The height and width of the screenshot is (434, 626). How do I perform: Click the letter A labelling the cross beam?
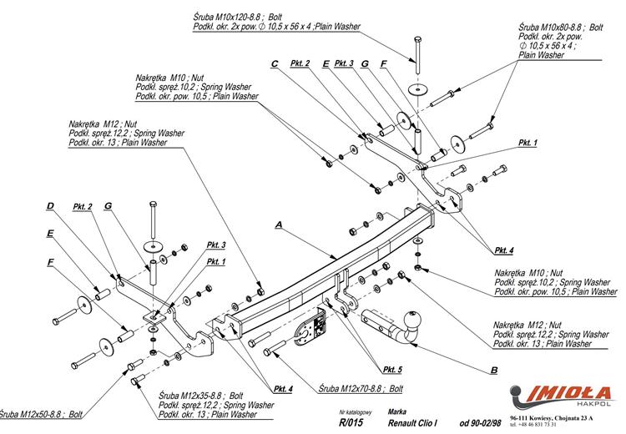278,225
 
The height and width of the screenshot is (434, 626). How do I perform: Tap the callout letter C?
274,63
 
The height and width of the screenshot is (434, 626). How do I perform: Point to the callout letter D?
50,206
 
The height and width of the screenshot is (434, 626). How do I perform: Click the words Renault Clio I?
417,423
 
